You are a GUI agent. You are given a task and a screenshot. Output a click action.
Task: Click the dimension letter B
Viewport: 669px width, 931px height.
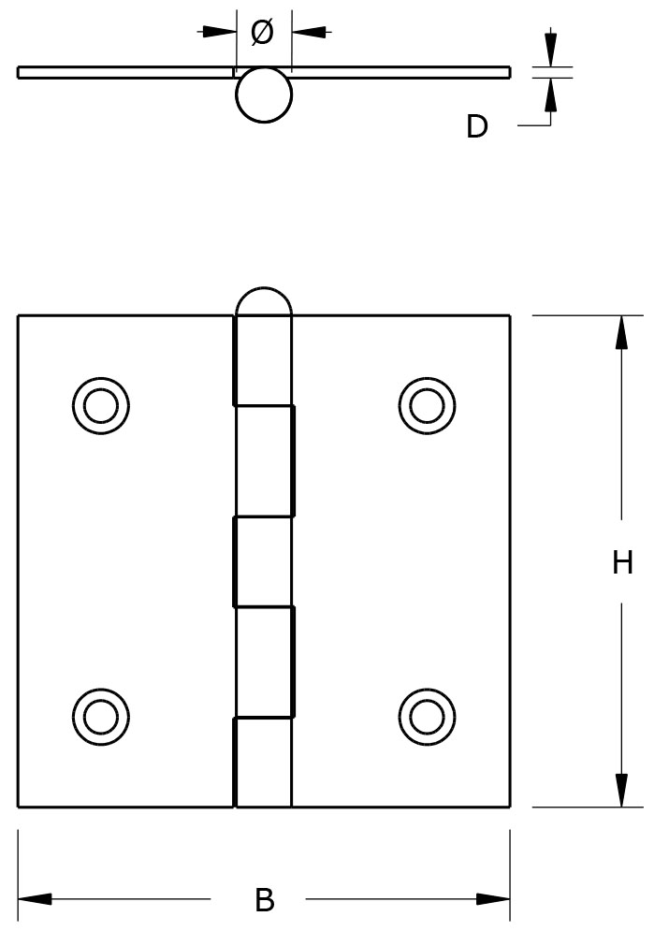click(x=265, y=900)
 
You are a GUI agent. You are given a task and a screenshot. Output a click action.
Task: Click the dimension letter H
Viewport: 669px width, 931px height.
click(x=622, y=562)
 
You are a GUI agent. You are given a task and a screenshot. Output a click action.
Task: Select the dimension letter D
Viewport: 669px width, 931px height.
click(x=477, y=126)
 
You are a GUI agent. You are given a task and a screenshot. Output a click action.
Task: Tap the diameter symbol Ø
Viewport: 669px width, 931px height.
click(x=263, y=32)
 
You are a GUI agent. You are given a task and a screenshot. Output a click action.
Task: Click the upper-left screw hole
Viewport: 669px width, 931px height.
click(x=100, y=405)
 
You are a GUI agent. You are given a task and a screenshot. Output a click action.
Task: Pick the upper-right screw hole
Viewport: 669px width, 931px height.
click(x=427, y=405)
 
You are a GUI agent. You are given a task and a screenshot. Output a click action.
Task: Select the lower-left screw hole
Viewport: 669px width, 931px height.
click(x=100, y=716)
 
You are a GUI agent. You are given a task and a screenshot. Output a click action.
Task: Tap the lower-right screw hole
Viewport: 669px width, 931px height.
click(x=427, y=716)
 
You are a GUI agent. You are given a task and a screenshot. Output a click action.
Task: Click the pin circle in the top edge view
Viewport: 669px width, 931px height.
click(x=264, y=95)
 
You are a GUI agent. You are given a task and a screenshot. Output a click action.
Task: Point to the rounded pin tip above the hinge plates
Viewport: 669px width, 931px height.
click(x=264, y=301)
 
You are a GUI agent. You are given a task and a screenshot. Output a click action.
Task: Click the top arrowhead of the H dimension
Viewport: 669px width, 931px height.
click(x=620, y=332)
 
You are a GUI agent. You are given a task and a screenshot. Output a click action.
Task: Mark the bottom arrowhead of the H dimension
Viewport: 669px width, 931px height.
click(x=620, y=790)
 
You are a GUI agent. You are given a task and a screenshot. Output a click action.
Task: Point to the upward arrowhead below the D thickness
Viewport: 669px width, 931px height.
click(x=550, y=95)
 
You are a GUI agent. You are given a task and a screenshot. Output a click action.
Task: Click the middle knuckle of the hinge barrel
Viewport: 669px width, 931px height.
click(x=263, y=561)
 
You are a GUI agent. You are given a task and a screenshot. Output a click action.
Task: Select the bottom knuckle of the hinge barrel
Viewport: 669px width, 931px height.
click(x=263, y=762)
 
